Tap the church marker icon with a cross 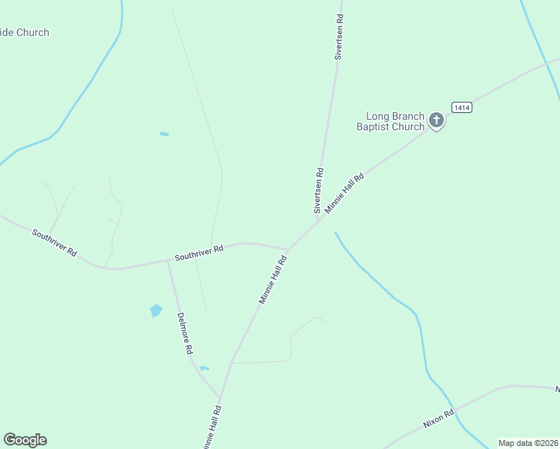(436, 120)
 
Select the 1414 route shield (461, 108)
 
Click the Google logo (25, 440)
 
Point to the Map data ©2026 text (528, 443)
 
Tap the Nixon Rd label (439, 418)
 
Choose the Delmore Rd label (185, 333)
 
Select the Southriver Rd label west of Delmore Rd (55, 242)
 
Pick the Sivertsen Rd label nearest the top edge (339, 36)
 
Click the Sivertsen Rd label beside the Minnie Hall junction (319, 190)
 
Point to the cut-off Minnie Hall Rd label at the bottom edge (213, 427)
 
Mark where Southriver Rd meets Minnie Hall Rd (288, 250)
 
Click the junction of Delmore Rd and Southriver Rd (168, 260)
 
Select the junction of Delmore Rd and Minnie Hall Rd (221, 399)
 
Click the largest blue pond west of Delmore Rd (156, 311)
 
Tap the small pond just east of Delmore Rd (204, 368)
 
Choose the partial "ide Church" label (25, 32)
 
